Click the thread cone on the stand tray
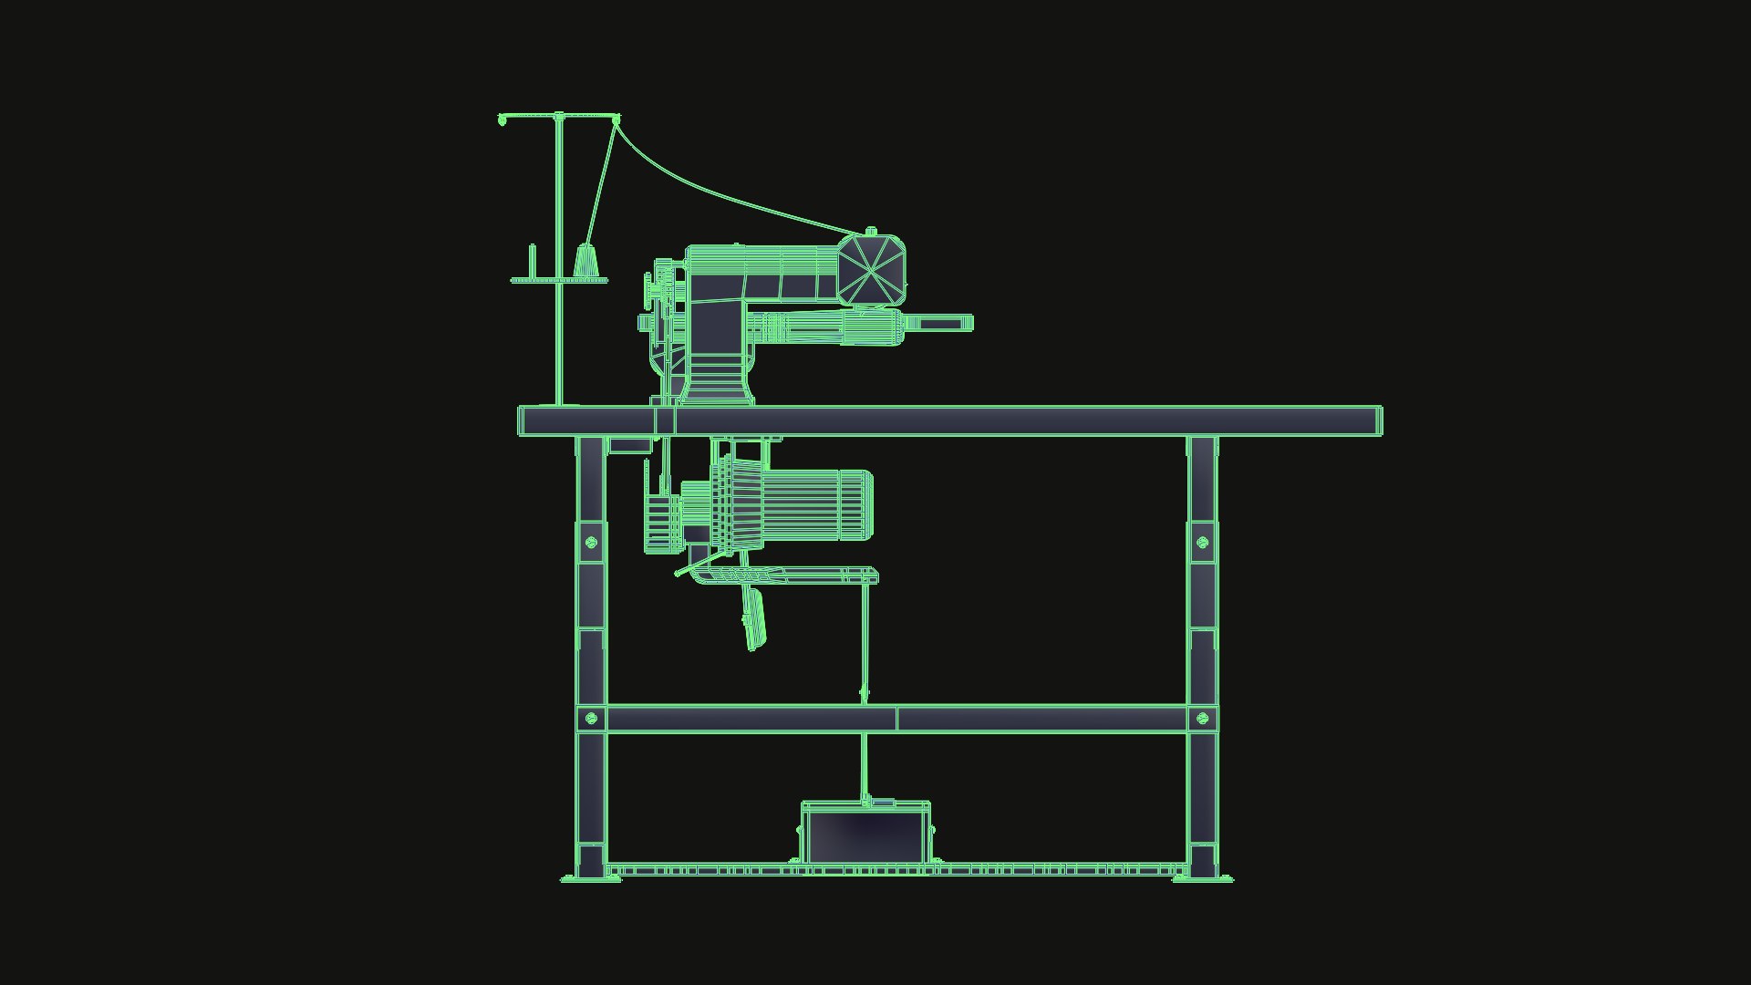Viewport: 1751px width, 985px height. coord(587,262)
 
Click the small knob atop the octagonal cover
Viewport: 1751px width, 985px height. coord(871,233)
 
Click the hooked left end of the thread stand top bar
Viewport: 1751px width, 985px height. coord(503,119)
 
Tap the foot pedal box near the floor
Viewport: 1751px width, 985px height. coord(865,835)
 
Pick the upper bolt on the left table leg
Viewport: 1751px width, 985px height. coord(590,543)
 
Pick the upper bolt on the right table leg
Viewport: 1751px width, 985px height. coord(1202,543)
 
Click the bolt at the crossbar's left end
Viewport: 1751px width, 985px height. coord(590,719)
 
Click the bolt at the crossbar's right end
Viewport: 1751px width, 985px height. coord(1202,719)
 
